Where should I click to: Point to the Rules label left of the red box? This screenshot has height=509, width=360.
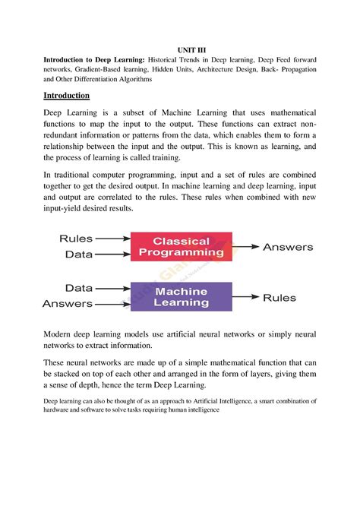click(x=76, y=238)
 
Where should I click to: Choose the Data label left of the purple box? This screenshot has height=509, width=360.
click(x=81, y=289)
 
